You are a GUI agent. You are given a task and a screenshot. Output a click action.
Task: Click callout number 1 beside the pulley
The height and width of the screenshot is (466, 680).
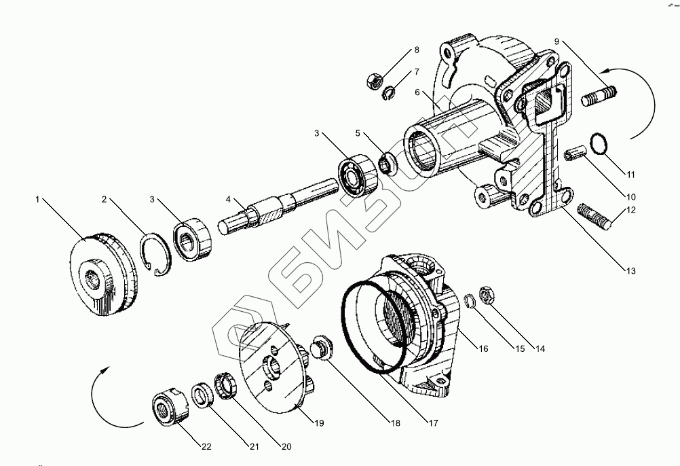pyautogui.click(x=38, y=199)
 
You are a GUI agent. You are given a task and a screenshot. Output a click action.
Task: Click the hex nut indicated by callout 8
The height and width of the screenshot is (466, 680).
pyautogui.click(x=373, y=80)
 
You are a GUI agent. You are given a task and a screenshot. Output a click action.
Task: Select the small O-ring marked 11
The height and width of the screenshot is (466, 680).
pyautogui.click(x=598, y=144)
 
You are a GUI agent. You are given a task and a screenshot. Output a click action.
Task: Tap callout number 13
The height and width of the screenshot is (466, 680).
pyautogui.click(x=631, y=271)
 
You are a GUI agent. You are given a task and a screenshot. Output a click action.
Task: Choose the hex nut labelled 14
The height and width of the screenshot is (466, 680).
pyautogui.click(x=486, y=294)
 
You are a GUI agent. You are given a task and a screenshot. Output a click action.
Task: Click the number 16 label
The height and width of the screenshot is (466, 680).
pyautogui.click(x=483, y=349)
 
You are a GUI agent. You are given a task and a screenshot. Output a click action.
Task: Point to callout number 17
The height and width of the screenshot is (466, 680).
pyautogui.click(x=433, y=422)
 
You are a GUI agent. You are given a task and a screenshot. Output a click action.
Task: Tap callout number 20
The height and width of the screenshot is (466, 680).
pyautogui.click(x=286, y=446)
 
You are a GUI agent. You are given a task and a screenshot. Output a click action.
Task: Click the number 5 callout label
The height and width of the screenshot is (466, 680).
pyautogui.click(x=358, y=133)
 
